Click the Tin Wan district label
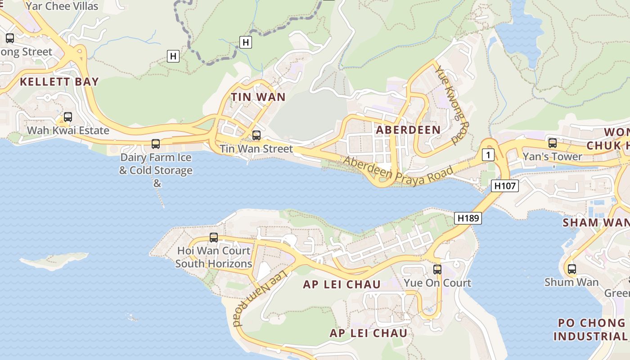click(258, 97)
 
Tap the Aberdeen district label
click(408, 130)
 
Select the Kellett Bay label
click(59, 81)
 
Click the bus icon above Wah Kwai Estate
click(68, 117)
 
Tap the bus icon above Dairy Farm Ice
click(156, 144)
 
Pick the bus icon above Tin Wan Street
click(256, 135)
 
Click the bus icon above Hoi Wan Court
click(214, 237)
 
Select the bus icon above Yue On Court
click(437, 270)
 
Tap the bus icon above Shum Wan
click(571, 269)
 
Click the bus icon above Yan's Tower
click(553, 143)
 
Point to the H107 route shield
click(505, 185)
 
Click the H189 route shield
click(468, 218)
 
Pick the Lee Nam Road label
click(260, 299)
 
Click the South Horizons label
click(213, 264)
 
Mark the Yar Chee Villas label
click(62, 6)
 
